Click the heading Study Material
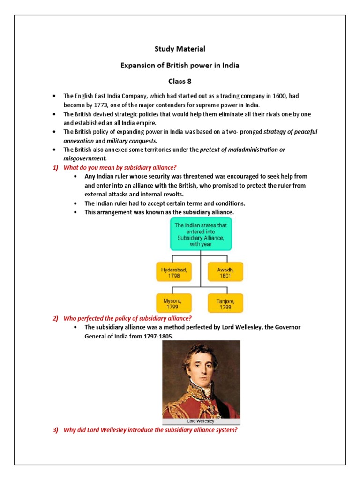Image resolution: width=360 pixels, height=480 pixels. coord(180,49)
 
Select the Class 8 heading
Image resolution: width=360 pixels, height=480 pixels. coord(180,81)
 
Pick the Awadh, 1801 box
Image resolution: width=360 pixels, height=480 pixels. coord(225,273)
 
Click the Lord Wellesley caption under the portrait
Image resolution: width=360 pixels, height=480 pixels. coord(201,421)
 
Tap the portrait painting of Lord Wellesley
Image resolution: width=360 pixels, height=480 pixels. coord(201,379)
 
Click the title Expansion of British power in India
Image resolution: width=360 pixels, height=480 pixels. coord(180,65)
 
